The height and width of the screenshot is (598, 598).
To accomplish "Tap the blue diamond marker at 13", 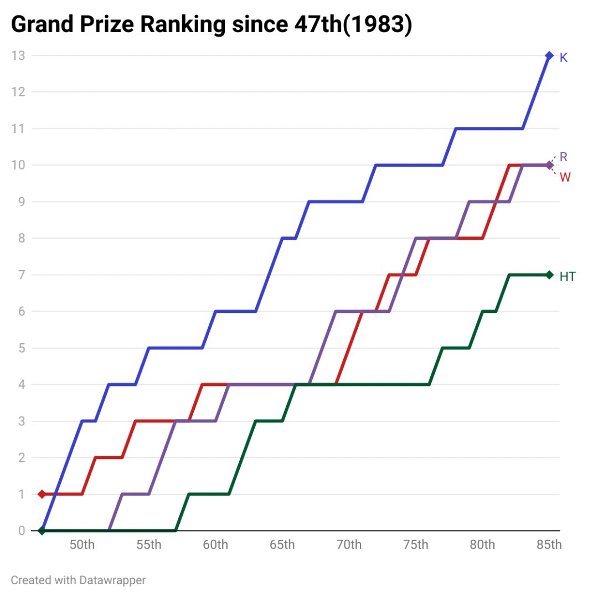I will tap(549, 55).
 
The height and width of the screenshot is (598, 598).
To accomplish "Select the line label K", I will tap(564, 58).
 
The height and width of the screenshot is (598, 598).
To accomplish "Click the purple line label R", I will tap(564, 157).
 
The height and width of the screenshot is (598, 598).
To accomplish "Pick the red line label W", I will tap(565, 178).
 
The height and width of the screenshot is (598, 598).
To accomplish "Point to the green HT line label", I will tap(568, 277).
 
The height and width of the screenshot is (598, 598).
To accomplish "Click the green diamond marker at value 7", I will tap(549, 275).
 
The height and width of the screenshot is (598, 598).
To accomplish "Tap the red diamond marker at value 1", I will tap(42, 494).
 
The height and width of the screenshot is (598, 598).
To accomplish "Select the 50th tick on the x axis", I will tap(82, 545).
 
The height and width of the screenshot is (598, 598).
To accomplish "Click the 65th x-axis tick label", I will tap(282, 545).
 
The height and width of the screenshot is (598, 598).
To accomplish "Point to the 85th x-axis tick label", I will tap(549, 545).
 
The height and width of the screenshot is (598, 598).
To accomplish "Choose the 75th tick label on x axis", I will tap(415, 545).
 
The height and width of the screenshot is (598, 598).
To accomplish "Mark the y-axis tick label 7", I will tap(22, 275).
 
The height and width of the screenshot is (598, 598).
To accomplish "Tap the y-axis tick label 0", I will tap(22, 530).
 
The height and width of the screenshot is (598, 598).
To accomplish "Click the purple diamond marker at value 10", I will tap(549, 165).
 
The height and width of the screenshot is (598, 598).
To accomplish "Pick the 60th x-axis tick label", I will tap(215, 545).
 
